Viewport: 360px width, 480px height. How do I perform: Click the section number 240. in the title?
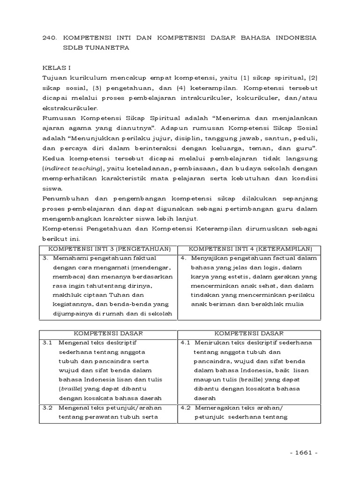click(x=50, y=37)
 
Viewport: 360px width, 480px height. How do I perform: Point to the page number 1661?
click(x=304, y=453)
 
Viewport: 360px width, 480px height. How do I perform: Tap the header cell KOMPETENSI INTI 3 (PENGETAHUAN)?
click(x=110, y=248)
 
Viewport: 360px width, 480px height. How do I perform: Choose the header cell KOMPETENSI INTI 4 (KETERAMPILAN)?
click(x=249, y=248)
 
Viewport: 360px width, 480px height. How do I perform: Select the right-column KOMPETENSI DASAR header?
click(x=249, y=333)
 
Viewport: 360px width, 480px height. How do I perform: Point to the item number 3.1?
click(x=47, y=343)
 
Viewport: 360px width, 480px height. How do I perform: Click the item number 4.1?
click(x=185, y=343)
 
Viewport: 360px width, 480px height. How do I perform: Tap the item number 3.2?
click(x=47, y=408)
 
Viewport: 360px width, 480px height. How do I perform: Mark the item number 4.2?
click(x=185, y=408)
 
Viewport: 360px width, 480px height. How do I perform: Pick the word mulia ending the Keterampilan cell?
click(x=294, y=304)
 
